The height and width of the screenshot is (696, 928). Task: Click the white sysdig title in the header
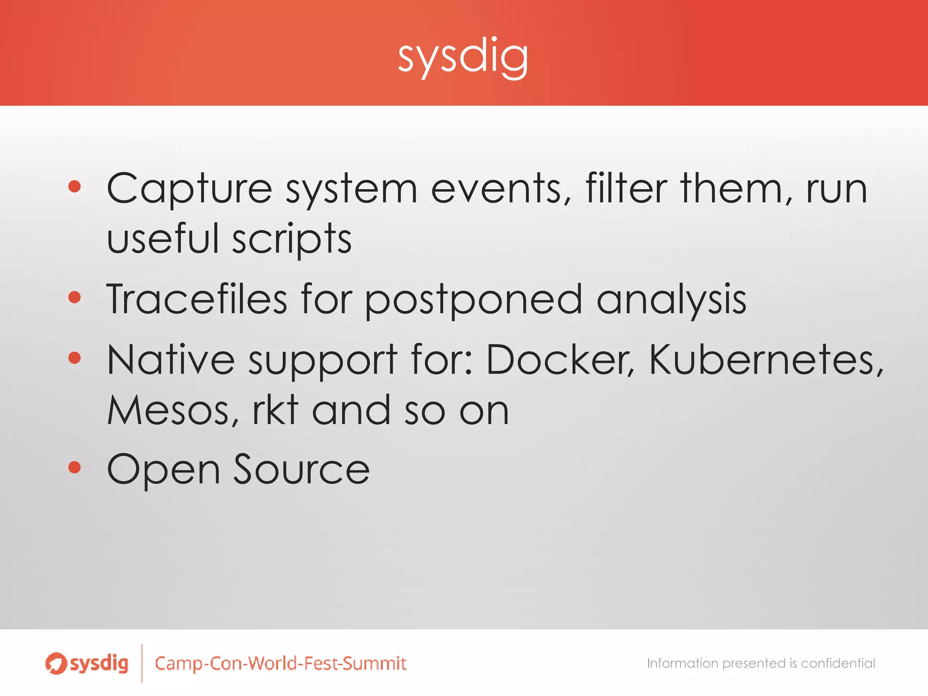pos(463,57)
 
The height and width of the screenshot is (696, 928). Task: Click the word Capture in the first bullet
pos(189,188)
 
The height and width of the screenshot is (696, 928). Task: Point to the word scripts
pos(292,239)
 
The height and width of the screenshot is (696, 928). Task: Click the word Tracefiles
pos(197,299)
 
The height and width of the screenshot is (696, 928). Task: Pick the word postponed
pos(474,300)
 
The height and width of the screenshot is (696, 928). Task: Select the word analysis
pos(671,300)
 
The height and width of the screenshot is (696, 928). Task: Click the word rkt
pos(275,410)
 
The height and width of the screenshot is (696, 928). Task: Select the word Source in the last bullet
pos(301,470)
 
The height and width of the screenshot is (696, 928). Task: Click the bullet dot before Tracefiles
pos(74,297)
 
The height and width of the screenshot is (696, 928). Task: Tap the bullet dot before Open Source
pos(74,467)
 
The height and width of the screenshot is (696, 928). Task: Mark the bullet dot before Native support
pos(74,358)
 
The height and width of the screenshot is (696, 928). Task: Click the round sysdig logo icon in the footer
pos(55,663)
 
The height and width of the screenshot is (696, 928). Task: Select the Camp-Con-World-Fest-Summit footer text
pos(280,663)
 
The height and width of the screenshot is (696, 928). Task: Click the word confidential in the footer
pos(838,663)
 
